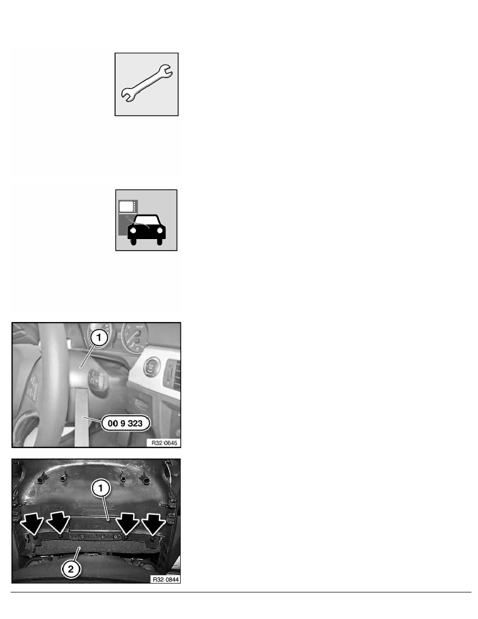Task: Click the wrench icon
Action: tap(147, 84)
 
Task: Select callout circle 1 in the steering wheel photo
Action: tap(98, 338)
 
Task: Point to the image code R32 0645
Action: tap(163, 443)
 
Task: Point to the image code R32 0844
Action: tap(163, 579)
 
